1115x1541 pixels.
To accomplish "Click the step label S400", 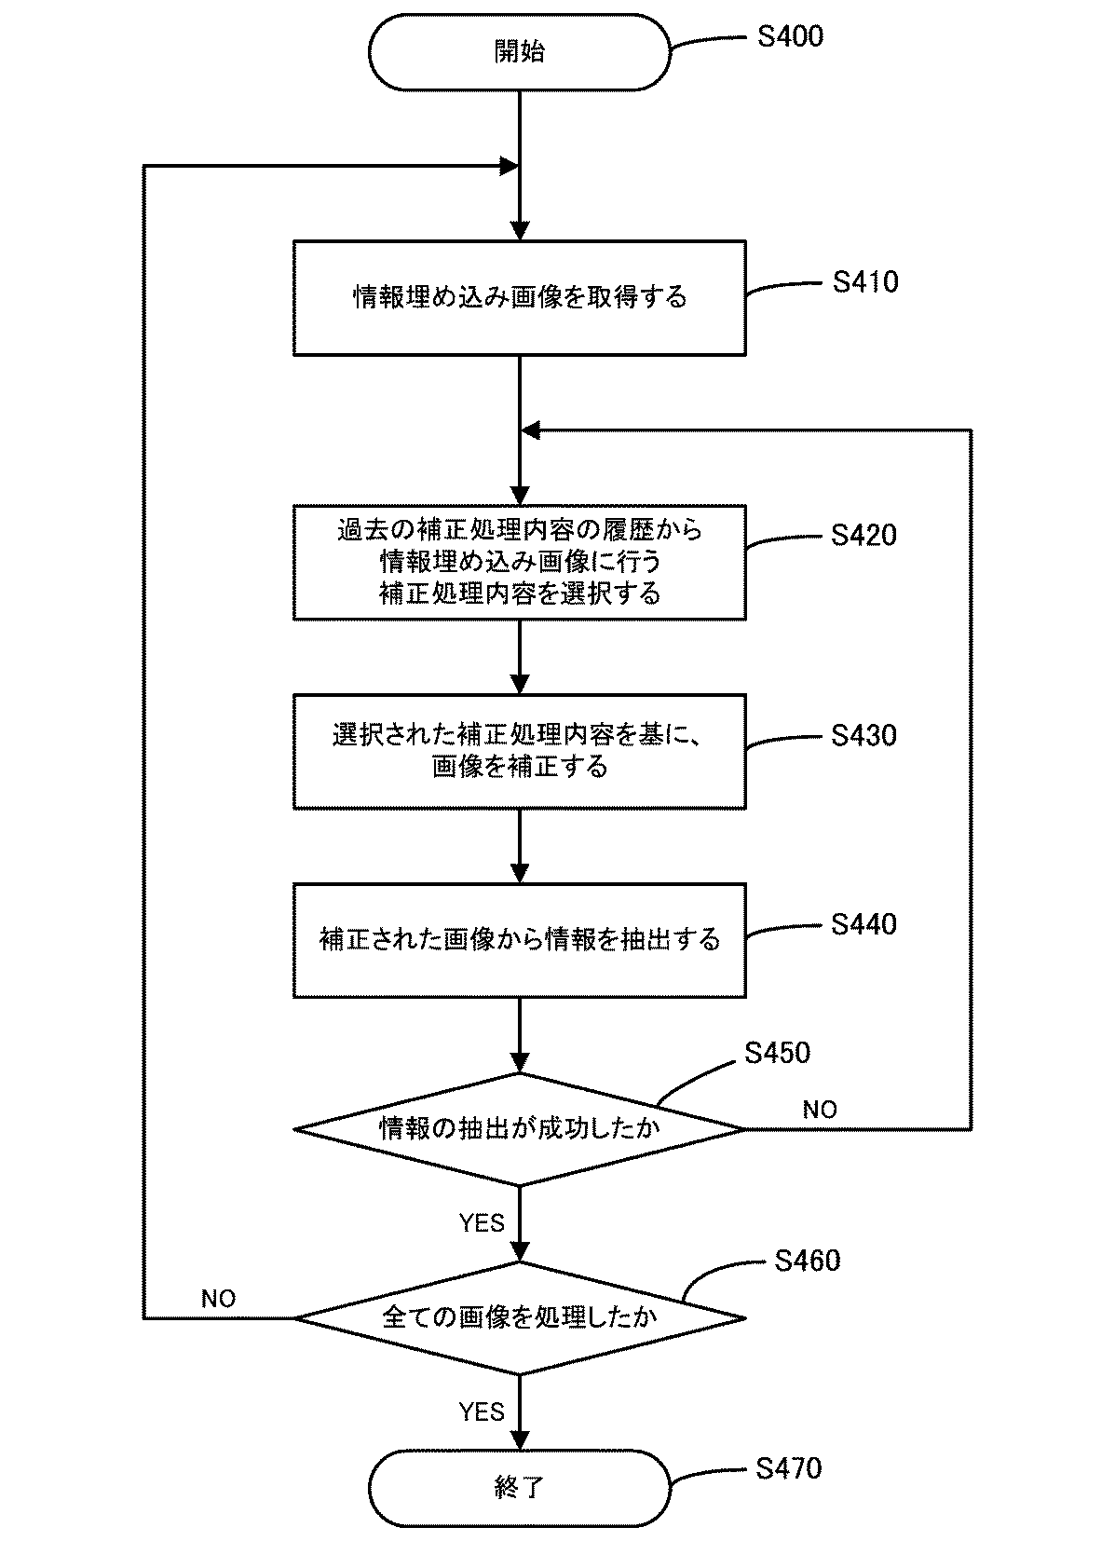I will (x=790, y=37).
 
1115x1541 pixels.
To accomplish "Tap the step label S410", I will (x=865, y=282).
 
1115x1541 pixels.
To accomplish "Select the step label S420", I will (x=863, y=536).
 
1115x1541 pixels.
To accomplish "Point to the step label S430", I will (x=863, y=736).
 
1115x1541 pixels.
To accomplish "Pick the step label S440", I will (x=863, y=924).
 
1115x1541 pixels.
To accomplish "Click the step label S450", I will (x=777, y=1053).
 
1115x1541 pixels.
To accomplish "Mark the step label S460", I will (x=807, y=1261).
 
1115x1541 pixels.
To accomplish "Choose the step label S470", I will (x=789, y=1469).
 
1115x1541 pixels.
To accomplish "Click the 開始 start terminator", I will (x=519, y=52).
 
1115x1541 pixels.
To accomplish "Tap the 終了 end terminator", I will (x=519, y=1488).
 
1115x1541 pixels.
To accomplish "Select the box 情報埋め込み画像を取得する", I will (x=519, y=298).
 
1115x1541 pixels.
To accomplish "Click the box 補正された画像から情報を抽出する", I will (x=519, y=940).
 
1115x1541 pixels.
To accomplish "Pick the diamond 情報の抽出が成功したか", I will (x=519, y=1129).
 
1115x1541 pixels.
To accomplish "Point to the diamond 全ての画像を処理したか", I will (x=519, y=1317).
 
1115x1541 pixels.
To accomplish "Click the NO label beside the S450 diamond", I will (x=820, y=1110).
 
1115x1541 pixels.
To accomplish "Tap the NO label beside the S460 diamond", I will (x=218, y=1299).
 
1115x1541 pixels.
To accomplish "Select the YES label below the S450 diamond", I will (x=482, y=1223).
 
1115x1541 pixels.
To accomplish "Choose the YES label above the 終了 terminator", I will (x=482, y=1412).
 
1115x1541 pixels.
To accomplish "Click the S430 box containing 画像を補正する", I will (x=519, y=751).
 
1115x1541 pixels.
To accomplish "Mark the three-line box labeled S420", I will (x=519, y=562).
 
